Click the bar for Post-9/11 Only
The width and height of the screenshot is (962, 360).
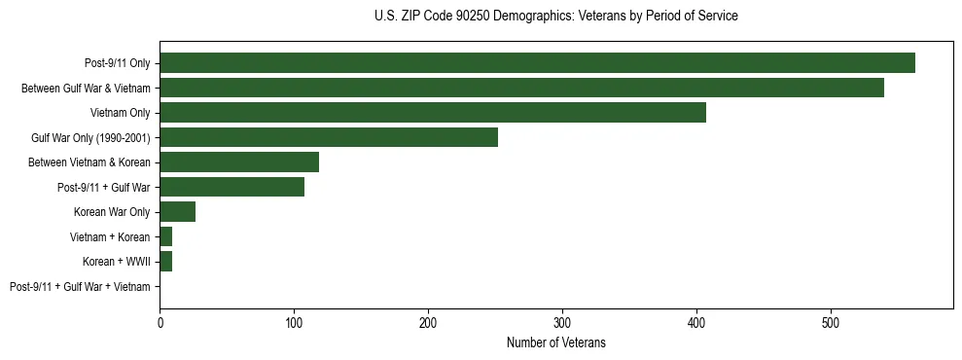[537, 63]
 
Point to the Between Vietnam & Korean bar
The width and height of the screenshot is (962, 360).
[239, 162]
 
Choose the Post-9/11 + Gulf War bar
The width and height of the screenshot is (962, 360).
[232, 187]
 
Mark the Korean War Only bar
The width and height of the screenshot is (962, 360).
[177, 212]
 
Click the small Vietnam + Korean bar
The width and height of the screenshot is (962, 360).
[165, 236]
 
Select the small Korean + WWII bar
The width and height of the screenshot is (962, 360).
[165, 262]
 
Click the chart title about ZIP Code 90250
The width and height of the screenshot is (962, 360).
[555, 17]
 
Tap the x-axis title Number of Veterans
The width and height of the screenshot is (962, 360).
[555, 342]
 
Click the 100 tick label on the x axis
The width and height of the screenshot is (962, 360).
[294, 322]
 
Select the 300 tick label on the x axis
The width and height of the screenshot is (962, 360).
[562, 322]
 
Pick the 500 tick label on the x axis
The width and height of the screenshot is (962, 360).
[830, 322]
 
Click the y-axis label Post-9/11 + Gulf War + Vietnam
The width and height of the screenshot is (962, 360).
[80, 287]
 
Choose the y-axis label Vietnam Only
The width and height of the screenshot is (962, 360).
[120, 113]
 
